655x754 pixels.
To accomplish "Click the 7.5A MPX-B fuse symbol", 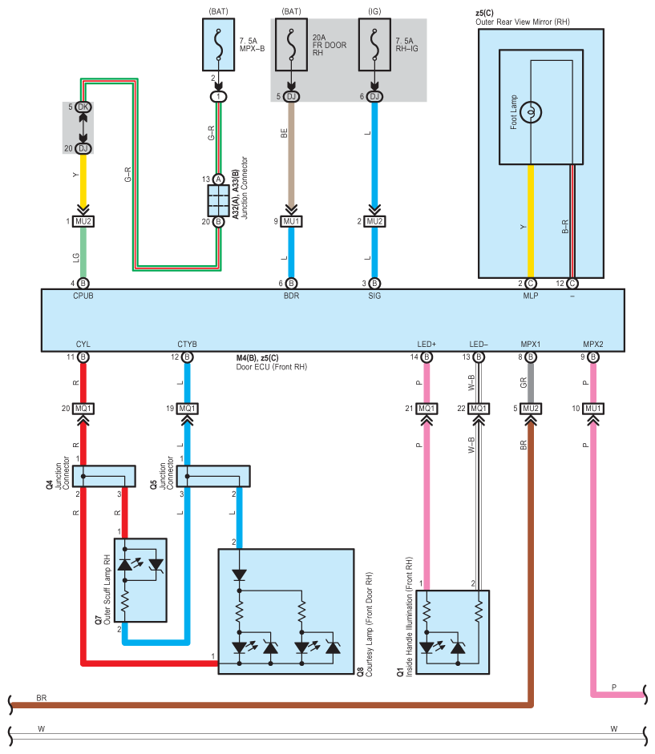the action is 219,45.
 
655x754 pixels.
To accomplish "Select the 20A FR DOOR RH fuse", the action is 291,45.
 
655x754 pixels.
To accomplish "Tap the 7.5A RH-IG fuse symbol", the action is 374,45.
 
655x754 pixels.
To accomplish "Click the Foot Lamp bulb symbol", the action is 531,112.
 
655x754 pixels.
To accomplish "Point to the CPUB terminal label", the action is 83,296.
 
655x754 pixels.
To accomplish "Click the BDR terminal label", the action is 291,296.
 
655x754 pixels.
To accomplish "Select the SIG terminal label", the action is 374,296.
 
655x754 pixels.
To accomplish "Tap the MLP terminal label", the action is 531,296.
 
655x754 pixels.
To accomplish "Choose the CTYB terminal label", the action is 188,345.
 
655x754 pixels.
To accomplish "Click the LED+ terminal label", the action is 427,345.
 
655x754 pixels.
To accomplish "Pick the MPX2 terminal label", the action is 593,345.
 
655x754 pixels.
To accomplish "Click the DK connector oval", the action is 83,107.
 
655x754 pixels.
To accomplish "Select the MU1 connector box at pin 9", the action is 291,221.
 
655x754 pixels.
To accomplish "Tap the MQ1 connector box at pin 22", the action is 479,409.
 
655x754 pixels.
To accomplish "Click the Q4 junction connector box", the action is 105,476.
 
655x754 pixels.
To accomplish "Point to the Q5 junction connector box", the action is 214,476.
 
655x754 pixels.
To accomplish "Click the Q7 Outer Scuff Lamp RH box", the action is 140,580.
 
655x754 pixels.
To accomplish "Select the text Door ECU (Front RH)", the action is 272,367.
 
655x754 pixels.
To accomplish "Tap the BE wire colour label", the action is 284,133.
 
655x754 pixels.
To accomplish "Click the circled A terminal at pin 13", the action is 219,179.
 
